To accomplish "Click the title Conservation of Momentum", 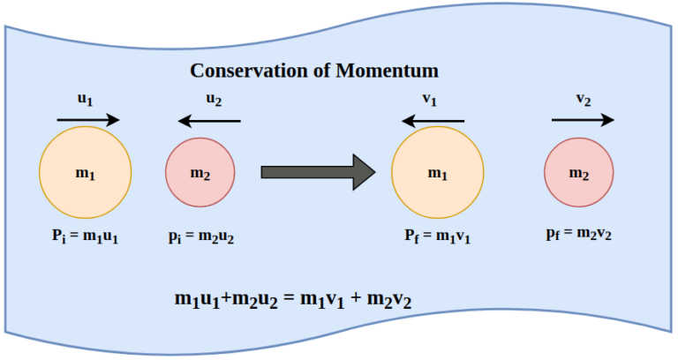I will (314, 71).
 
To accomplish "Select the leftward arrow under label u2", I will (207, 121).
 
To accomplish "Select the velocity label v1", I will (430, 100).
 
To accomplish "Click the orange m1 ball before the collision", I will (86, 173).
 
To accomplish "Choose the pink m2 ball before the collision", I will (200, 173).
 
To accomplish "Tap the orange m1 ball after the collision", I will (437, 173).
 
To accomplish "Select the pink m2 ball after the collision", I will (578, 173).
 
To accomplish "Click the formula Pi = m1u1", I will (85, 236).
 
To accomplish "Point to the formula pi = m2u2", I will (200, 236).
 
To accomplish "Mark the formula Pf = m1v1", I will (436, 236).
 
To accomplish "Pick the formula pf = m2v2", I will (579, 236).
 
